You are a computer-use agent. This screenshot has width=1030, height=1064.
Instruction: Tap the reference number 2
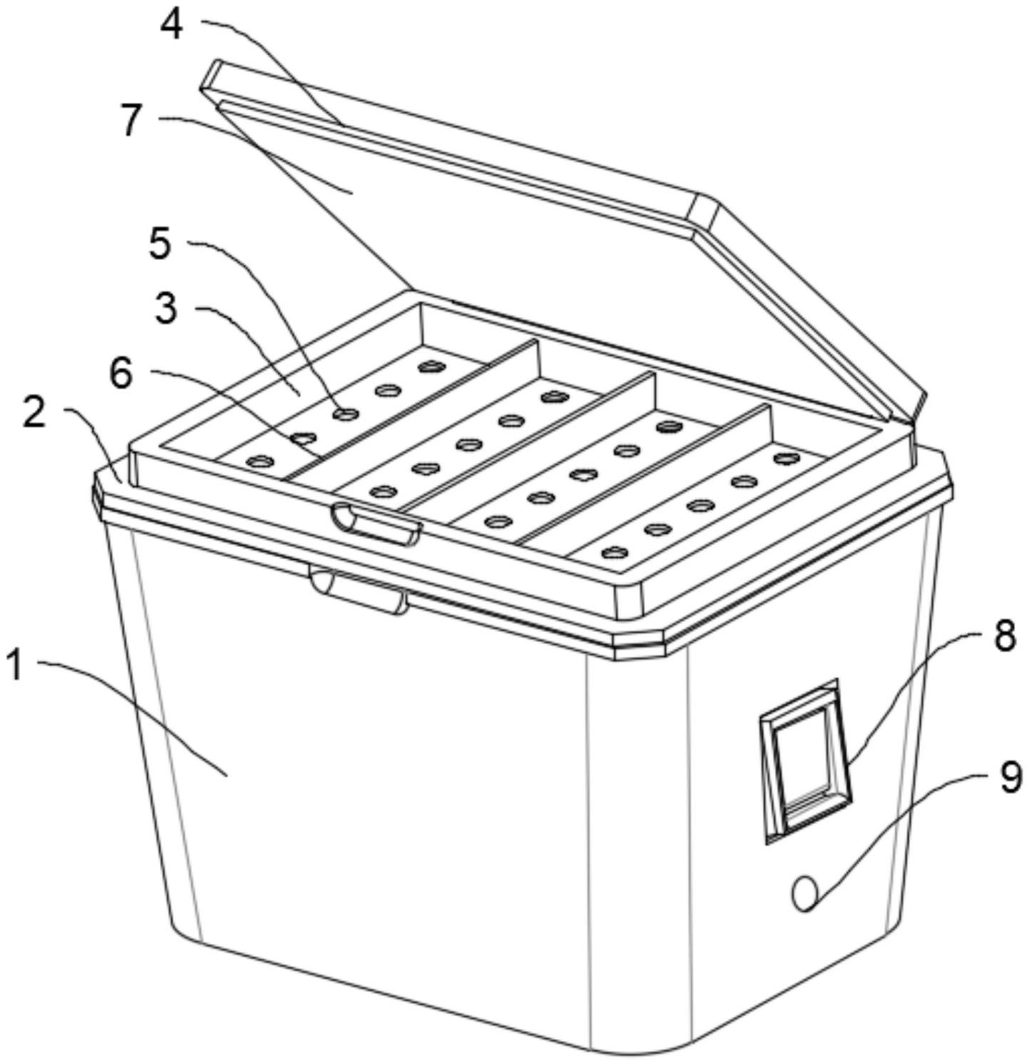[34, 414]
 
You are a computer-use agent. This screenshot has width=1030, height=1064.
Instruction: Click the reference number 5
[160, 244]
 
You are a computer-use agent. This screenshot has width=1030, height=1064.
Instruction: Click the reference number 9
[1010, 778]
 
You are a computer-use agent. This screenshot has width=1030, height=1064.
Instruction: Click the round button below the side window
[805, 894]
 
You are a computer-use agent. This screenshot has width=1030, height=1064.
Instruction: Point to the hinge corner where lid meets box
[911, 421]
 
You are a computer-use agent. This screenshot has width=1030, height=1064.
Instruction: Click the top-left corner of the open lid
[212, 62]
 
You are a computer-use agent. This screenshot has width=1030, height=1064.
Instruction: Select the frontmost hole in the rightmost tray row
[613, 552]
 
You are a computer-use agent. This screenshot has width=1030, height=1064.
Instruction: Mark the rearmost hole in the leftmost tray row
[431, 367]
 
